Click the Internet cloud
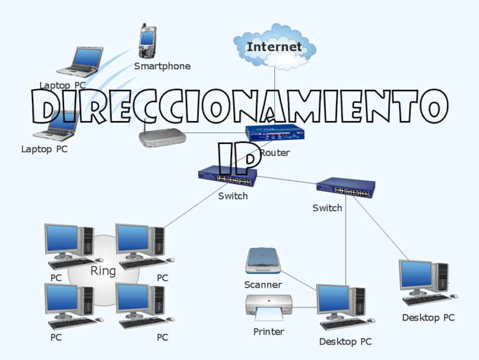[274, 47]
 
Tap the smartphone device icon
[147, 41]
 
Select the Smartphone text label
[162, 66]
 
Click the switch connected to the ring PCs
[226, 177]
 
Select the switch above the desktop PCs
[345, 187]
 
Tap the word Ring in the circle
[103, 271]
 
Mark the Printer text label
[268, 332]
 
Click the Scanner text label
[263, 285]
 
